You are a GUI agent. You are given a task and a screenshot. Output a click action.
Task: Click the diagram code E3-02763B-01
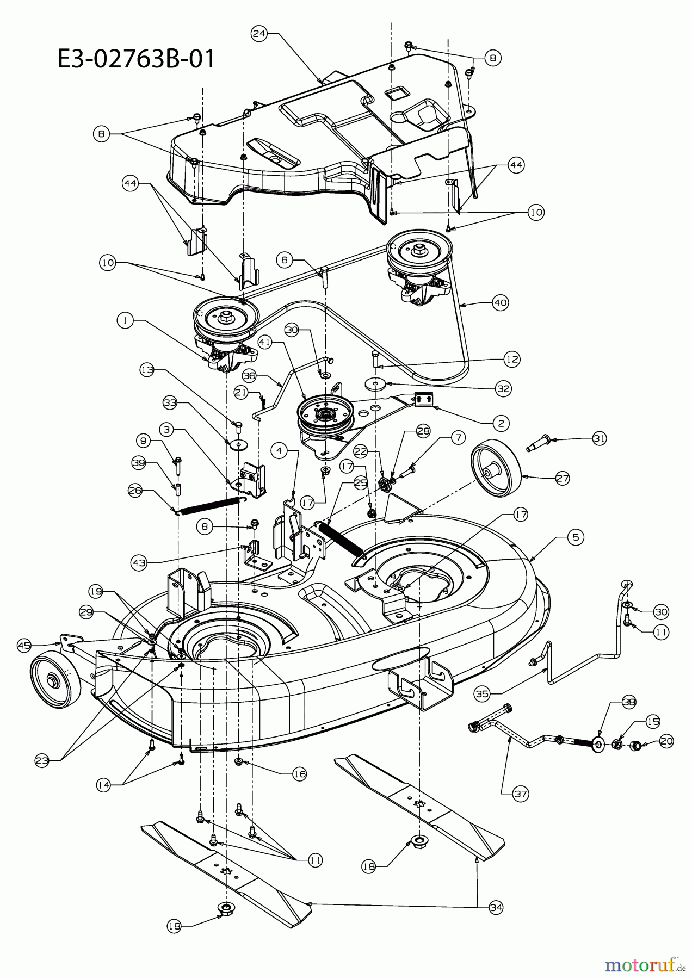pos(136,58)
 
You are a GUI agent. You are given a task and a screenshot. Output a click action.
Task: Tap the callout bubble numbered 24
pos(259,34)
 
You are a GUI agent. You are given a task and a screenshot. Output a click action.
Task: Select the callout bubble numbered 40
pos(501,303)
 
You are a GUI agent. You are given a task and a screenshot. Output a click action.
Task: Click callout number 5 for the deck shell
pos(576,537)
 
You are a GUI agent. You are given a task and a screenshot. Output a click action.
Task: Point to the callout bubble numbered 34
pos(496,907)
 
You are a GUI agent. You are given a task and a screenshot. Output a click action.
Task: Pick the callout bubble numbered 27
pos(563,478)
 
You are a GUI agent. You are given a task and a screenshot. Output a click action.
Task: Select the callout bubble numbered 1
pos(125,320)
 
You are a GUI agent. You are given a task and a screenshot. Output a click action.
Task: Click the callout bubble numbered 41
pos(265,343)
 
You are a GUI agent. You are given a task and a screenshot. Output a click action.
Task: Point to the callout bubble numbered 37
pos(521,794)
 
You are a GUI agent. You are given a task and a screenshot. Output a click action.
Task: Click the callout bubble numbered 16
pos(299,773)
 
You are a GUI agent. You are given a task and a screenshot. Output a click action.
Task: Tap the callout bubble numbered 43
pos(140,563)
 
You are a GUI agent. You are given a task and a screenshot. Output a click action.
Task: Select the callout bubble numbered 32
pos(503,388)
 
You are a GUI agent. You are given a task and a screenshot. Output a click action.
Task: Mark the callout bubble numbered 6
pos(284,260)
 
